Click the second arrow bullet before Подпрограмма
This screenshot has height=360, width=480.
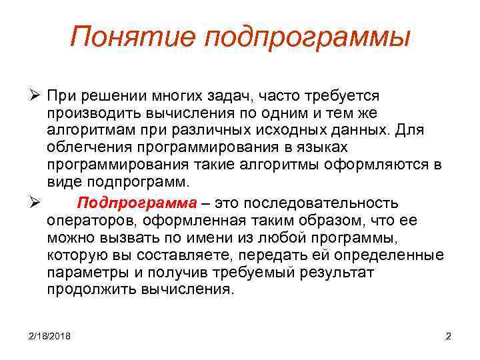point(36,203)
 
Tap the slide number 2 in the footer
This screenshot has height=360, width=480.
point(448,336)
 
